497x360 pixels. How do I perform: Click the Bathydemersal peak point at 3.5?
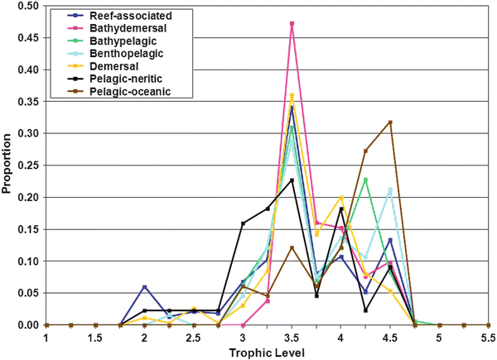[292, 23]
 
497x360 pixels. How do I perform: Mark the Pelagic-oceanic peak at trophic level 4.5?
[390, 122]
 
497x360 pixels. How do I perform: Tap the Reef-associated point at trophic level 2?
[144, 286]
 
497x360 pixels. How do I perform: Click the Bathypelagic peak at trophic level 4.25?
[365, 180]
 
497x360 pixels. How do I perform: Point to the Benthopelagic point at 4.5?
[390, 190]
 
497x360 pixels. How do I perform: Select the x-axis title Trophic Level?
[267, 352]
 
